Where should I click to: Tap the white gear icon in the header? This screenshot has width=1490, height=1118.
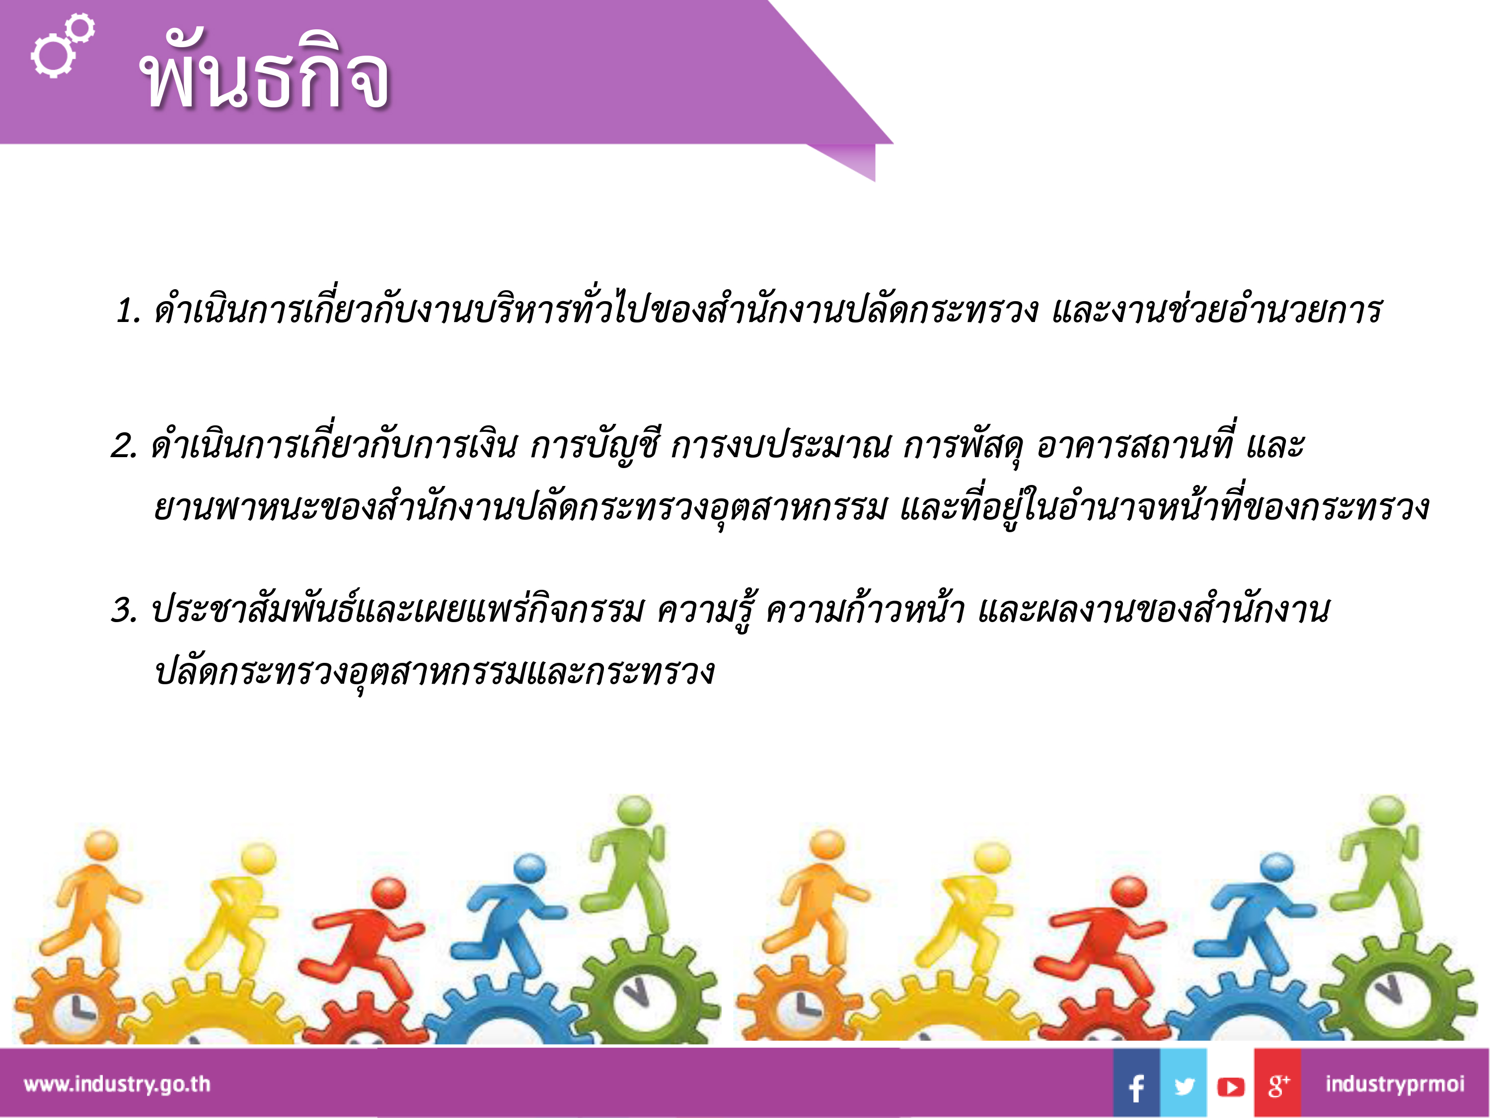pos(62,46)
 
